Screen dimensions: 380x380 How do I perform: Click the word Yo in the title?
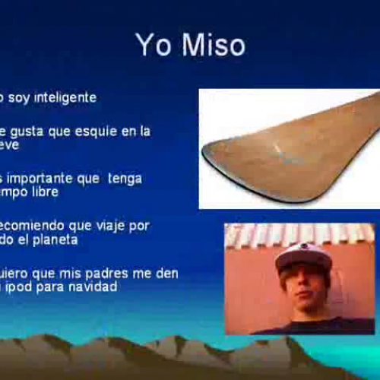[149, 45]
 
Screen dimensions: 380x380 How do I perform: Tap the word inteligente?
[67, 98]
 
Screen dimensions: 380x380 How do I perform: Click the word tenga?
[125, 179]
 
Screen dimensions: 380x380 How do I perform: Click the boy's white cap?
[302, 256]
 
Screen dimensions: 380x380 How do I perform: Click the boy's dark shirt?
[312, 325]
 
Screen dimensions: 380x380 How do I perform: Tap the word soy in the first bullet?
[21, 98]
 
